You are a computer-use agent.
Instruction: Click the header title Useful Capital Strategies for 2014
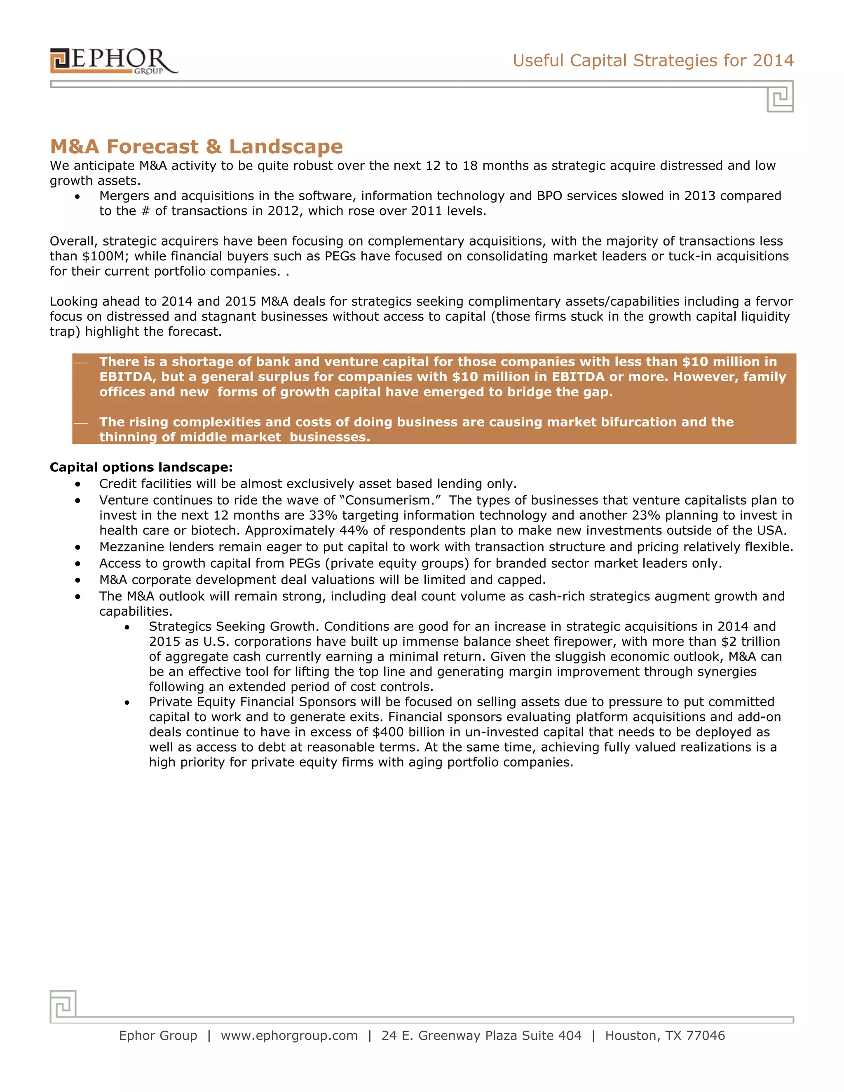pyautogui.click(x=652, y=61)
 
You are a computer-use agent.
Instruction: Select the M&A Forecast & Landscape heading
pyautogui.click(x=197, y=147)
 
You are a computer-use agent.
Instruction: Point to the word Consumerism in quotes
pyautogui.click(x=390, y=501)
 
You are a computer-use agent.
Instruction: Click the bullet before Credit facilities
pyautogui.click(x=77, y=485)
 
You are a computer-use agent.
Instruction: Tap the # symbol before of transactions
pyautogui.click(x=145, y=211)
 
